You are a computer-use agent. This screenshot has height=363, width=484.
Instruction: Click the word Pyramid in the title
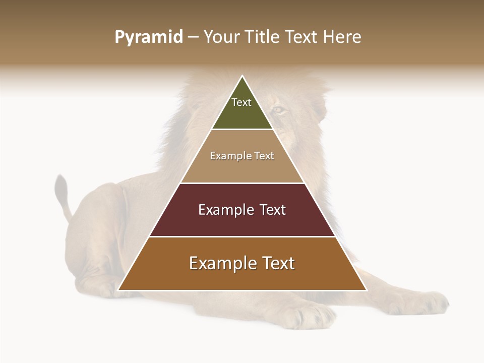point(149,37)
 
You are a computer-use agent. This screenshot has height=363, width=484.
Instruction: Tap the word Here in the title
point(342,37)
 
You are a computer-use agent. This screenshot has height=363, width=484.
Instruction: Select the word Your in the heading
point(222,37)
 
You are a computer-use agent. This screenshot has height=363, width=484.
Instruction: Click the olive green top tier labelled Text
point(242,108)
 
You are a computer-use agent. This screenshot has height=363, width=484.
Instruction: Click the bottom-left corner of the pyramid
point(119,290)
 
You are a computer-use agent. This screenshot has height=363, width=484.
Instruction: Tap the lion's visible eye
point(279,109)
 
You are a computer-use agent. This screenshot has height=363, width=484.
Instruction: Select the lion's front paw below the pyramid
point(313,315)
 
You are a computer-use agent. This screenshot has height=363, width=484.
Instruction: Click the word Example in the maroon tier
point(220,210)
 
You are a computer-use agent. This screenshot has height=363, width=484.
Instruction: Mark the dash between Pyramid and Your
point(192,37)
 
